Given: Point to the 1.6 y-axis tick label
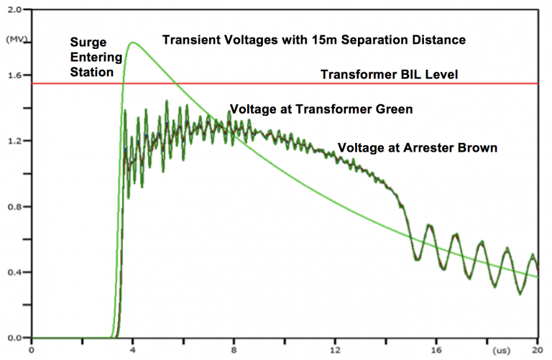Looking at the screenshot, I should [13, 75].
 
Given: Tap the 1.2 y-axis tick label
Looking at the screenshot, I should [13, 141].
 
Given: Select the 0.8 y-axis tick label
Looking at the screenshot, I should [13, 206].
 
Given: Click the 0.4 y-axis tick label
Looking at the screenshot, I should [13, 272].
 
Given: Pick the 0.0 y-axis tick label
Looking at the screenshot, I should [13, 338].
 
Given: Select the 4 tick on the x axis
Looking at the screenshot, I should [133, 350].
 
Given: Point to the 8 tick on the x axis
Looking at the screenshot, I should [234, 350].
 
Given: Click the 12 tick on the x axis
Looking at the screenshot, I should [335, 350].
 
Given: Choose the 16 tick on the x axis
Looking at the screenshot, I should [436, 350].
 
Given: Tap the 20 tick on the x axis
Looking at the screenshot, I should [535, 350].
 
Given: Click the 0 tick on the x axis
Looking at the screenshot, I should [32, 350].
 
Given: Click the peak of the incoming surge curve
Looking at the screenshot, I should [133, 42].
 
